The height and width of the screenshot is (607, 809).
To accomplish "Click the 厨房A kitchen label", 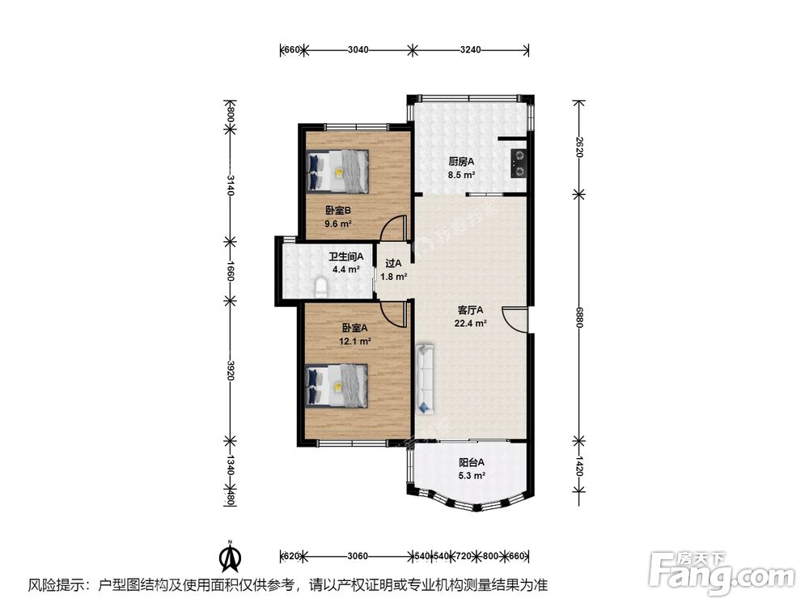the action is tap(461, 162).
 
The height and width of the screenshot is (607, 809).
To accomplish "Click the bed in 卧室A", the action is tap(337, 385).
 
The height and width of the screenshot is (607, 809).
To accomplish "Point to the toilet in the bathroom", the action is tap(320, 287).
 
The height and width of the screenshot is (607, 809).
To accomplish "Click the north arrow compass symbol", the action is tap(231, 556).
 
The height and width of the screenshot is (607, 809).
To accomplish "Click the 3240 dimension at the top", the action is tap(470, 50).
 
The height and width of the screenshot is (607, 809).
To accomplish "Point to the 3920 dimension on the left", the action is tap(231, 371).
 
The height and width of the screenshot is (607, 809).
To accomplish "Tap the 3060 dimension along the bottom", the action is tap(358, 556).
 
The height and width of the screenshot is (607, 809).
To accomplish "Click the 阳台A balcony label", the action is tap(472, 462).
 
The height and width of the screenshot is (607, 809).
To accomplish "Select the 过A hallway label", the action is tap(393, 263).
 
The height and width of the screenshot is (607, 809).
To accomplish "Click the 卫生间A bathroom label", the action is tap(346, 256).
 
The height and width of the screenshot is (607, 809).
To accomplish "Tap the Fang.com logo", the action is tap(722, 572).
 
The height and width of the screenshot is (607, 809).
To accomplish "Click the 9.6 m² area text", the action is tap(338, 224).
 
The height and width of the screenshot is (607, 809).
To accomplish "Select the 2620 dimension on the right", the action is tap(579, 147).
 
